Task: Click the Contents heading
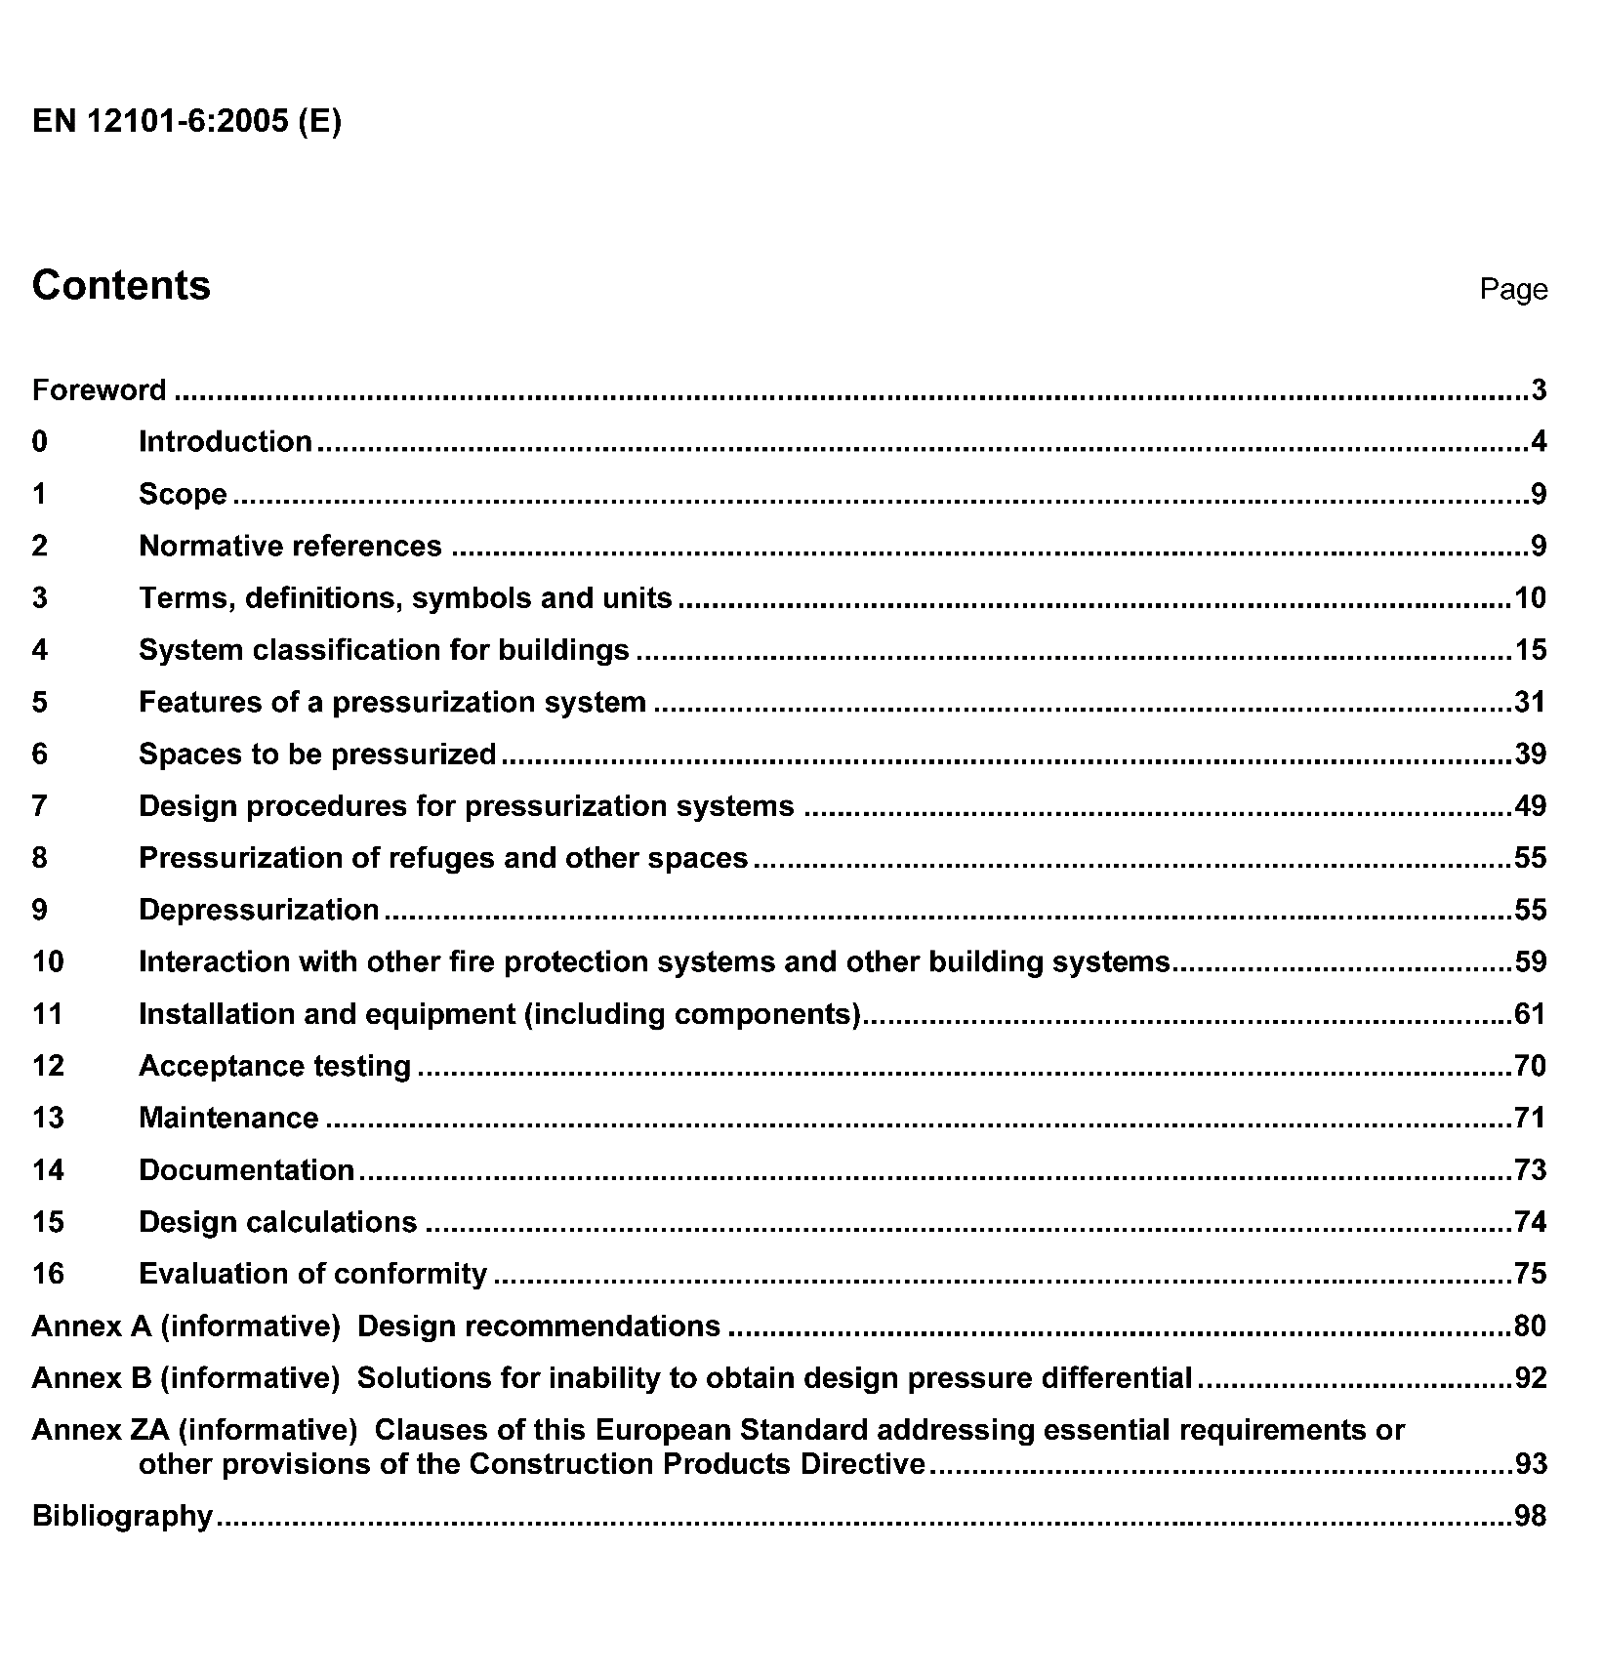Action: tap(121, 285)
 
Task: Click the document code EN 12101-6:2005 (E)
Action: tap(186, 121)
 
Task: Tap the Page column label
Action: tap(1512, 289)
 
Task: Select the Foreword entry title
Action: tap(100, 390)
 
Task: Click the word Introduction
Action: tap(226, 441)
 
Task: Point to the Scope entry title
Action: tap(183, 494)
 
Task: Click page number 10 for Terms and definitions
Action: tap(1530, 597)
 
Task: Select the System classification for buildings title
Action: tap(384, 650)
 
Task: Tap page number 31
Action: tap(1530, 702)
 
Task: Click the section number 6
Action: tap(39, 754)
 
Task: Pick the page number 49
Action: tap(1530, 806)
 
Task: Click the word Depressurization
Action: tap(259, 910)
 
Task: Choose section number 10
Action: tap(48, 961)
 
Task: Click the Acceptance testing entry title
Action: tap(275, 1066)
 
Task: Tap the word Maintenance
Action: tap(228, 1118)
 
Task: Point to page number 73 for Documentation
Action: tap(1530, 1169)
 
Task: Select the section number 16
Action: tap(48, 1274)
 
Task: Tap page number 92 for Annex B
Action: tap(1530, 1377)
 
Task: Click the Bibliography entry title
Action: tap(122, 1516)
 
